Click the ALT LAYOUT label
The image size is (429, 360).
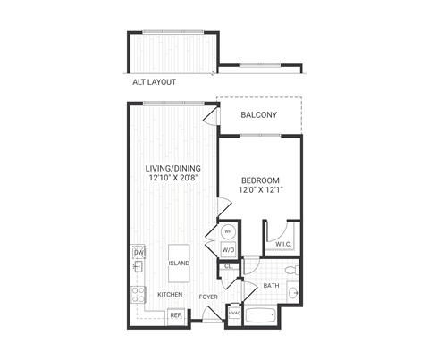[x=154, y=82]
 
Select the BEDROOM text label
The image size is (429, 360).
[x=261, y=180]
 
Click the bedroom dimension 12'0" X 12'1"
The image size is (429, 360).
[x=261, y=190]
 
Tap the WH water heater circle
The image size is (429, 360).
[x=227, y=232]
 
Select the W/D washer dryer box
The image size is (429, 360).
[x=227, y=250]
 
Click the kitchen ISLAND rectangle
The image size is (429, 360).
[x=180, y=263]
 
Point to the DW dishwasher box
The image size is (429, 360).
[x=139, y=253]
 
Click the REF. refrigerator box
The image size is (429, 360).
[x=176, y=314]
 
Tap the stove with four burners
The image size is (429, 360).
[x=139, y=294]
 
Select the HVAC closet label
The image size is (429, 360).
[x=235, y=313]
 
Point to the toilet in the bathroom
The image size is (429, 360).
[x=289, y=270]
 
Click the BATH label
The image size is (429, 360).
[x=271, y=286]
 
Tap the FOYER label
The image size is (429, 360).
[x=208, y=295]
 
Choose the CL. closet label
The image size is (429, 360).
[x=228, y=265]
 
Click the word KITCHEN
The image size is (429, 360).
[x=170, y=294]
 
